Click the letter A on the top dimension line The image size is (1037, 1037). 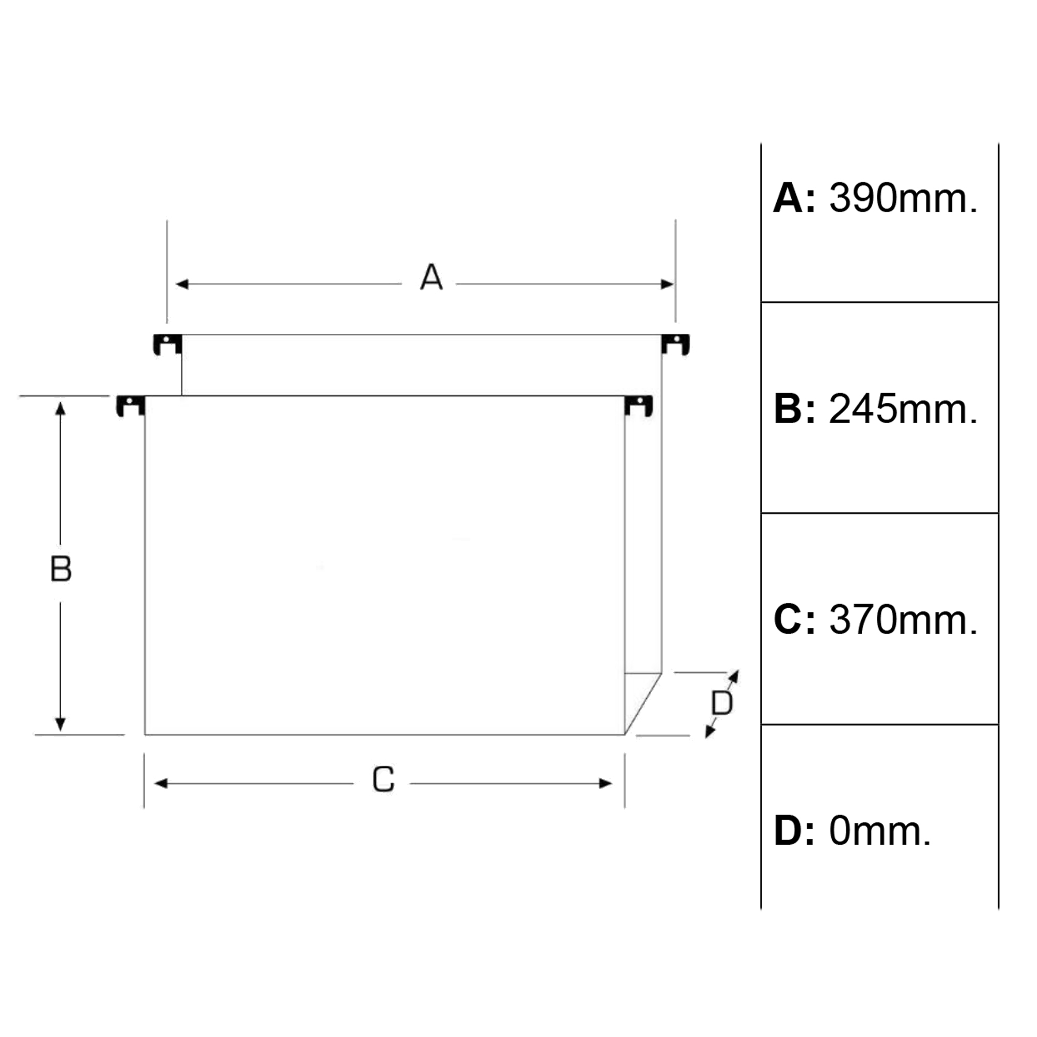pos(431,277)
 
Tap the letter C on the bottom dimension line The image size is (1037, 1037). pos(383,779)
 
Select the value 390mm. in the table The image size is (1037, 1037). pos(903,198)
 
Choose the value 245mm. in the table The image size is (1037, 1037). pos(903,409)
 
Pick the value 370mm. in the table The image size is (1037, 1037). pos(903,620)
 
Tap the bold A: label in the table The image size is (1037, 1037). pos(794,198)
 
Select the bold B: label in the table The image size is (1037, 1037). pos(794,409)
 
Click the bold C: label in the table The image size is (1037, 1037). pos(794,620)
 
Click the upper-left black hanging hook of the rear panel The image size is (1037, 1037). pos(167,344)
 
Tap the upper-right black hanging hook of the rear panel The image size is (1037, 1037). pos(675,344)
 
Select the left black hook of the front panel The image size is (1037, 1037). pos(131,406)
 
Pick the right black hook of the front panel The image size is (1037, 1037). pos(639,406)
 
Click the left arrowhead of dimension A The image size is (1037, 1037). pos(182,284)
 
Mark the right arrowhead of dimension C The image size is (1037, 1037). pos(606,783)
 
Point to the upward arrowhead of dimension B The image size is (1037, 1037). pos(60,409)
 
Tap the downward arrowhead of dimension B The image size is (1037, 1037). pos(60,724)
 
